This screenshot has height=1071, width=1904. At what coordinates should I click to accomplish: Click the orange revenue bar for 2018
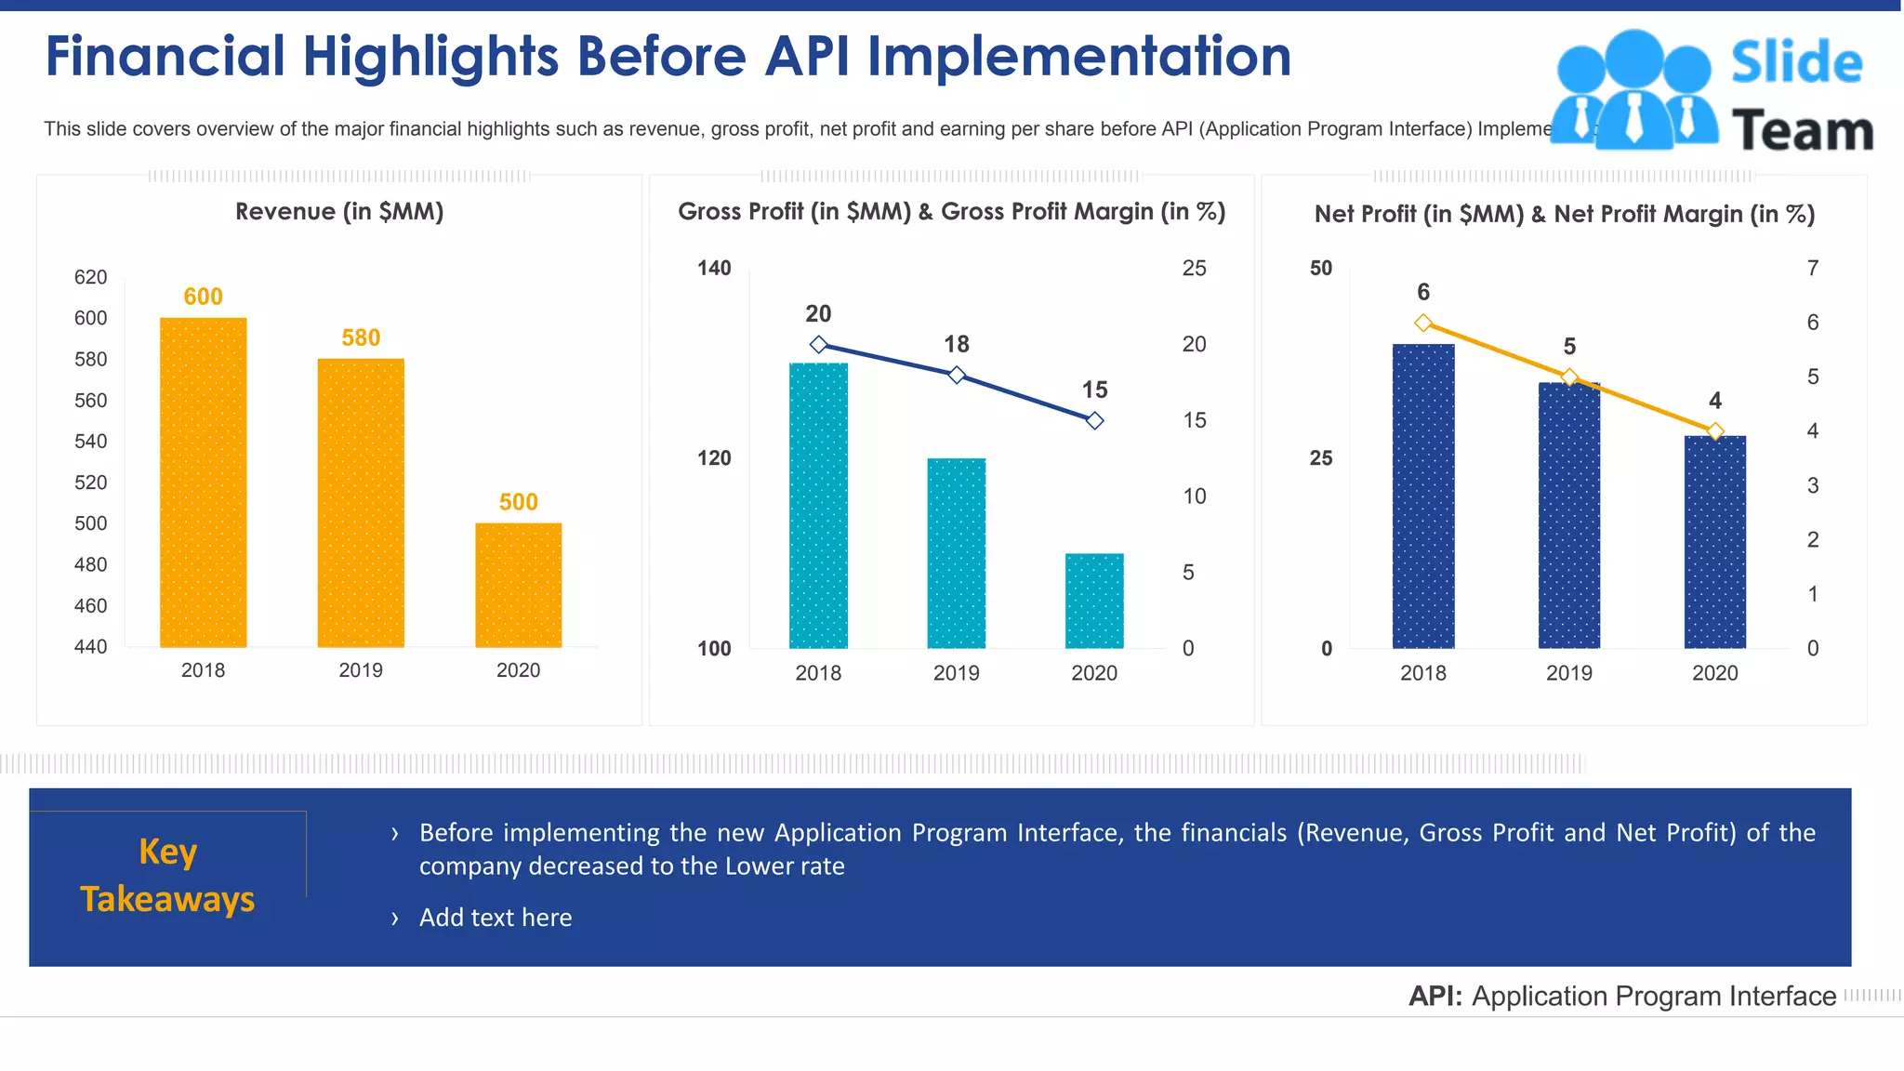[x=203, y=483]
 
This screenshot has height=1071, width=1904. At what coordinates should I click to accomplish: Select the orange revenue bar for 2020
[x=518, y=585]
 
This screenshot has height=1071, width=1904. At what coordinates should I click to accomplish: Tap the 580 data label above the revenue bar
[x=361, y=337]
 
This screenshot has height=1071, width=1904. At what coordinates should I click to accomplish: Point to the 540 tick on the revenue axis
[x=90, y=442]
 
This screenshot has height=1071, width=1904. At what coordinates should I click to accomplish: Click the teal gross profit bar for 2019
[x=956, y=553]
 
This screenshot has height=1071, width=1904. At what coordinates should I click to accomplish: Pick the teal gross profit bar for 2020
[x=1094, y=601]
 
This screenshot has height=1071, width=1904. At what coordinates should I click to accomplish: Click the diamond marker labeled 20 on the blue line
[x=818, y=345]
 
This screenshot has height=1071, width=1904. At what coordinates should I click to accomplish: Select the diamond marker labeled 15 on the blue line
[x=1095, y=421]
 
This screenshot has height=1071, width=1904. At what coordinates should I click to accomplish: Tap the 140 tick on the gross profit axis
[x=714, y=269]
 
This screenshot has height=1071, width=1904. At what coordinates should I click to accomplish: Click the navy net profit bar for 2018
[x=1422, y=496]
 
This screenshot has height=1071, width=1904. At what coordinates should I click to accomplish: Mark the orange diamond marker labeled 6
[x=1423, y=324]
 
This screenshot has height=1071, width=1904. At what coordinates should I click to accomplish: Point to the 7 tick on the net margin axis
[x=1813, y=269]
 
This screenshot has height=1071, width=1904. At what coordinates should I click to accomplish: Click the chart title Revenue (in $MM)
[x=339, y=212]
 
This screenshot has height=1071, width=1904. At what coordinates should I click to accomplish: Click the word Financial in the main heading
[x=165, y=57]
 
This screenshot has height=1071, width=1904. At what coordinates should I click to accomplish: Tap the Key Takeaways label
[x=167, y=875]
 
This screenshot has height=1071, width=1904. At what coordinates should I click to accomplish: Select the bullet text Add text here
[x=496, y=918]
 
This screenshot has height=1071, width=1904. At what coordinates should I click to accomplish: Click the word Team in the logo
[x=1802, y=131]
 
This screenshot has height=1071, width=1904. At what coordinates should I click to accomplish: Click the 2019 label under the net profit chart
[x=1568, y=673]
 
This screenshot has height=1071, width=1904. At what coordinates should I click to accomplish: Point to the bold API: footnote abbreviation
[x=1435, y=997]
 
